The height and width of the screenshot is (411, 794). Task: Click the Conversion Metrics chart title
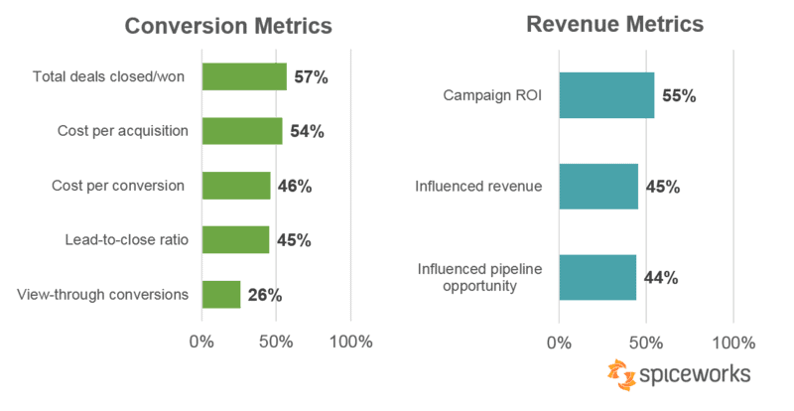pos(228,26)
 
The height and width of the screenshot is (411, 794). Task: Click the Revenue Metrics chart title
pos(614,24)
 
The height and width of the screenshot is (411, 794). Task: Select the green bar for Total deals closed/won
pos(244,76)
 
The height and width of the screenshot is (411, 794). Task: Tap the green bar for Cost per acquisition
pos(242,131)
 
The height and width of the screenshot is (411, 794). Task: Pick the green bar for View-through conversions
pos(221,295)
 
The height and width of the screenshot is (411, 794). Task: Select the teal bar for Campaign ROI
pos(606,95)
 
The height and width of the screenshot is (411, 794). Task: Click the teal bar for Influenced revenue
pos(598,187)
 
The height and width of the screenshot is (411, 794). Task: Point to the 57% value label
pos(311,77)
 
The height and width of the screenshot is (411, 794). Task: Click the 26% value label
pos(265,295)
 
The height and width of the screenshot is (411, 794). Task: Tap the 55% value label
pos(679,95)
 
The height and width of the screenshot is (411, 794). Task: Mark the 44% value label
pos(661,278)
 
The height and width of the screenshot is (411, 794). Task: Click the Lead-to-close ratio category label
pos(127,239)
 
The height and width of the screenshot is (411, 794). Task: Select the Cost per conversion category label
pos(118,186)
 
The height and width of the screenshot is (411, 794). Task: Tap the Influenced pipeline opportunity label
pos(479,277)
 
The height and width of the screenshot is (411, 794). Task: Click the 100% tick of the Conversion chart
pos(351,342)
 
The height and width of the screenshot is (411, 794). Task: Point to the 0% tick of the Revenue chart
pos(559,343)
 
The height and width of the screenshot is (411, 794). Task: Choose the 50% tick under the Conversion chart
pos(276,342)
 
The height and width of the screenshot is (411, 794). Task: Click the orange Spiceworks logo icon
pos(621,375)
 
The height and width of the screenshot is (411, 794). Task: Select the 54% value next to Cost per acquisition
pos(307,132)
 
